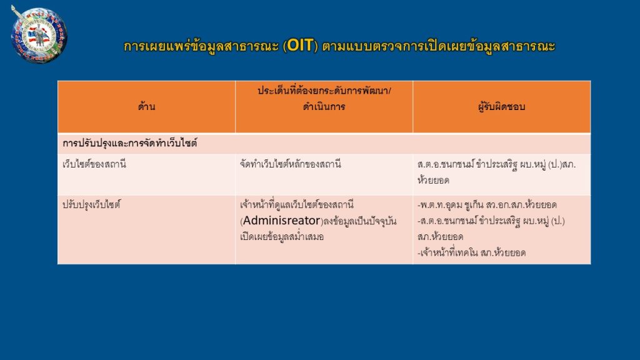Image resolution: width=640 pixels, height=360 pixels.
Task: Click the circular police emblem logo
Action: click(39, 34)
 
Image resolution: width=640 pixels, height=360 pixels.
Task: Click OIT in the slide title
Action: click(300, 45)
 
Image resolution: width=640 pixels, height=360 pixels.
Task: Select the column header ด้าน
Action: click(146, 107)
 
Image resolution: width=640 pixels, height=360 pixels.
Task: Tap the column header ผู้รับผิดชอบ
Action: click(502, 107)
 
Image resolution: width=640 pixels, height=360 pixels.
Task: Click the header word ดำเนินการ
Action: click(324, 107)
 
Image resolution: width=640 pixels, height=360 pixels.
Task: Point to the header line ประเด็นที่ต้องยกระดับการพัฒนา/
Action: click(324, 91)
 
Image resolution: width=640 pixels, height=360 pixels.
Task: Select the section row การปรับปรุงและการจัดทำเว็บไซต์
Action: click(130, 143)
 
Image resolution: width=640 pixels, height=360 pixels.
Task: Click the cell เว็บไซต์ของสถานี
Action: click(94, 164)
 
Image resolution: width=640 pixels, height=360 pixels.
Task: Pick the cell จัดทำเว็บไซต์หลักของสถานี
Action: click(290, 164)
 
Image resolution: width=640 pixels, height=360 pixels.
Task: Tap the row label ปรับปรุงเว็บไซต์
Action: click(91, 204)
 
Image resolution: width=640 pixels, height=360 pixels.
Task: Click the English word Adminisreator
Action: click(282, 221)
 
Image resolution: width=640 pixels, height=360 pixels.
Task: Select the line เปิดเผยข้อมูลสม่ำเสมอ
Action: click(282, 237)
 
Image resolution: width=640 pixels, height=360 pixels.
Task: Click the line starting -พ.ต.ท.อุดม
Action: click(487, 204)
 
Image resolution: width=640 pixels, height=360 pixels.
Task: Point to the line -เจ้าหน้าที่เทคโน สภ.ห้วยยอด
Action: click(471, 252)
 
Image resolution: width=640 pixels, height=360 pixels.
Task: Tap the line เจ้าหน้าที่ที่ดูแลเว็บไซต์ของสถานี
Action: click(297, 204)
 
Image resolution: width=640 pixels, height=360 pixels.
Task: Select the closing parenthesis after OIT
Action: click(316, 46)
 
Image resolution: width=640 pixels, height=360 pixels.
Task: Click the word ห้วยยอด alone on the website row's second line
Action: click(433, 181)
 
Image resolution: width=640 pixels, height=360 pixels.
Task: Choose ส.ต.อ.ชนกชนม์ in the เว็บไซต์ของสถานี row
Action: click(446, 164)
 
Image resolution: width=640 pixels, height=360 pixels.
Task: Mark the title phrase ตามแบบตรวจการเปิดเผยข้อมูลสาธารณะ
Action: click(439, 46)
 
